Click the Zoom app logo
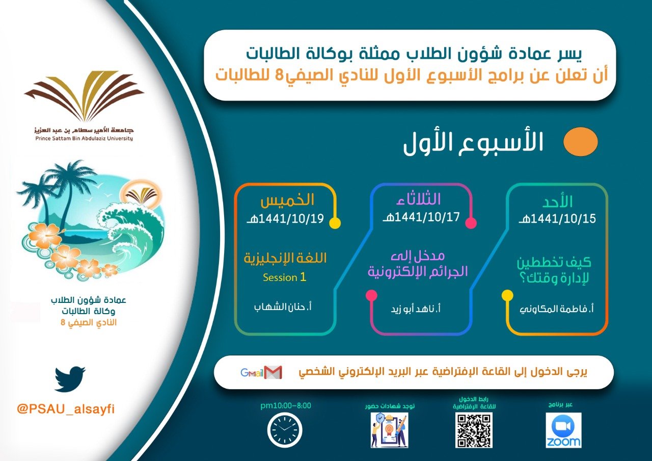pyautogui.click(x=563, y=430)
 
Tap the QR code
pyautogui.click(x=474, y=430)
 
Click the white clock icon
pyautogui.click(x=284, y=430)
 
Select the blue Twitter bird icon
pyautogui.click(x=70, y=379)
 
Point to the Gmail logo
pyautogui.click(x=261, y=373)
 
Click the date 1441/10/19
pyautogui.click(x=291, y=220)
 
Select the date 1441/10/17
pyautogui.click(x=420, y=217)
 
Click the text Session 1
pyautogui.click(x=284, y=277)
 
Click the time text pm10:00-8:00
pyautogui.click(x=285, y=405)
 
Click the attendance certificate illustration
pyautogui.click(x=389, y=430)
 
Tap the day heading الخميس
pyautogui.click(x=287, y=200)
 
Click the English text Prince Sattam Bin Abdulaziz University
pyautogui.click(x=84, y=138)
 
